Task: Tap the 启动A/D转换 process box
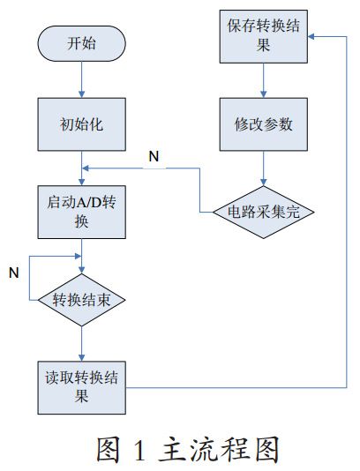click(x=81, y=213)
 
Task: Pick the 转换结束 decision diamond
click(x=81, y=299)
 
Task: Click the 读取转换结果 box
click(x=81, y=386)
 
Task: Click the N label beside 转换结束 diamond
click(x=13, y=273)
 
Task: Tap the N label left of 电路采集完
click(x=154, y=156)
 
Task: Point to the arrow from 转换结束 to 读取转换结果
click(x=81, y=343)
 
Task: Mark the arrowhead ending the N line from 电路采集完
click(x=86, y=169)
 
